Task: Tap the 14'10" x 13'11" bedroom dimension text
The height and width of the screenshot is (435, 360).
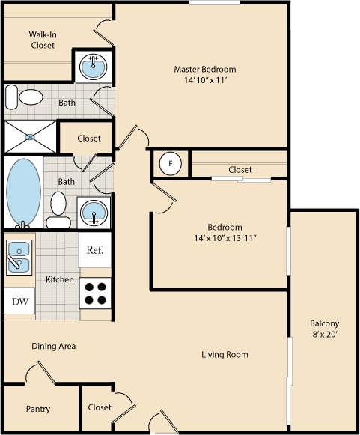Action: (x=225, y=239)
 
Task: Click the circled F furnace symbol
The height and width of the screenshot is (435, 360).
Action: (x=171, y=163)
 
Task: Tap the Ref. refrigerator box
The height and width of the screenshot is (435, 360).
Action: (x=95, y=250)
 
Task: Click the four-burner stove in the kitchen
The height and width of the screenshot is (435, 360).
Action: (x=95, y=293)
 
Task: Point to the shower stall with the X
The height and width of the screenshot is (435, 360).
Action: (x=31, y=137)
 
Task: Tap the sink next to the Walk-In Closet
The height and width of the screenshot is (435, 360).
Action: (x=93, y=66)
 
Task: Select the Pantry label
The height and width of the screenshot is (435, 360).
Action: (x=38, y=410)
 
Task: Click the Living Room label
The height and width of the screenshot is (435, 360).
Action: (x=225, y=354)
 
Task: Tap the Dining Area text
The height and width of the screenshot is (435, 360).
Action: (x=53, y=347)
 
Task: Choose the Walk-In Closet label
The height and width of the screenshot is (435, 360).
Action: (x=43, y=40)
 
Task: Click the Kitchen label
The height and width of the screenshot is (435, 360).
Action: (x=60, y=279)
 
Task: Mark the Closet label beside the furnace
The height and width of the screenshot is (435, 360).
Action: (x=240, y=170)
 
